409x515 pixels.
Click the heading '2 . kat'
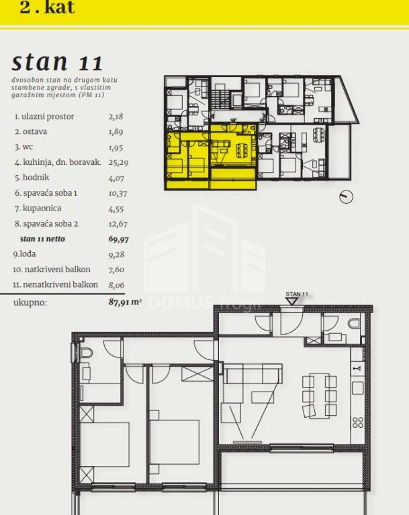(x=47, y=7)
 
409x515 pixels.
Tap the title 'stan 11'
(x=57, y=62)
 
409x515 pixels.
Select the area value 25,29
(x=118, y=162)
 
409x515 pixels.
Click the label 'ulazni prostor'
(x=48, y=117)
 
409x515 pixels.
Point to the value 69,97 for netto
(x=118, y=239)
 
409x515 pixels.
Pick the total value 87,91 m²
(x=125, y=302)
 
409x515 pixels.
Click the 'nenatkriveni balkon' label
(x=60, y=284)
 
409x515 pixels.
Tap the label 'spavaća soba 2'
(x=50, y=224)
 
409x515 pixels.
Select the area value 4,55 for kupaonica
(x=116, y=209)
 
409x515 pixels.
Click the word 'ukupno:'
(x=30, y=302)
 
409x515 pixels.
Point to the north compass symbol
(x=346, y=196)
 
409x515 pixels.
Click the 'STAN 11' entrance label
(x=297, y=294)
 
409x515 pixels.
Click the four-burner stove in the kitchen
(x=358, y=422)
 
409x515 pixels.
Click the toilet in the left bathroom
(x=86, y=353)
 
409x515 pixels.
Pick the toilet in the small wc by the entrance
(x=354, y=323)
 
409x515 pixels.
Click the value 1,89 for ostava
(x=116, y=131)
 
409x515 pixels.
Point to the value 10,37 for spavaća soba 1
(x=118, y=193)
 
